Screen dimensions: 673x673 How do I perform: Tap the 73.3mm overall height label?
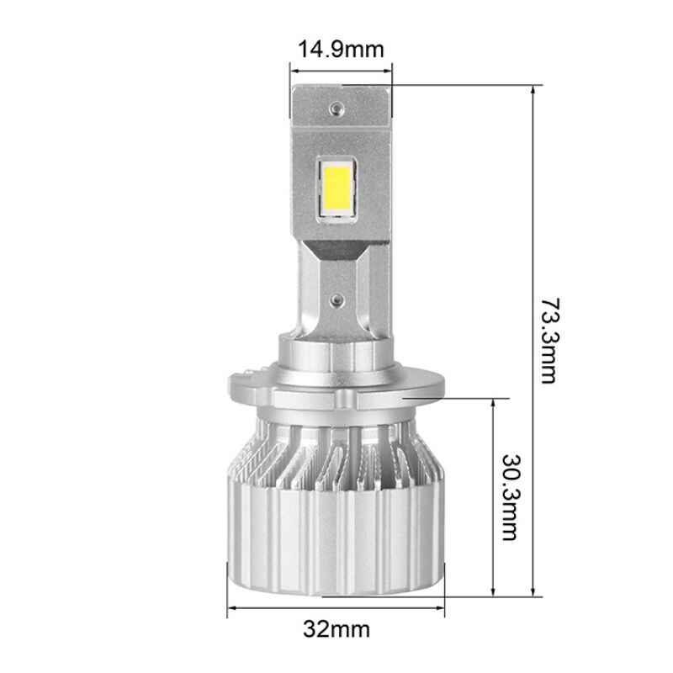click(548, 337)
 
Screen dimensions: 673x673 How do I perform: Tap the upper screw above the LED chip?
click(337, 108)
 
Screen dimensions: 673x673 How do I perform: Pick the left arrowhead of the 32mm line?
click(233, 607)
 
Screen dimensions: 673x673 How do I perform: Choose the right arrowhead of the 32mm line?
click(441, 607)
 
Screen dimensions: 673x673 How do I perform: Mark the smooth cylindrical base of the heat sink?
click(337, 538)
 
